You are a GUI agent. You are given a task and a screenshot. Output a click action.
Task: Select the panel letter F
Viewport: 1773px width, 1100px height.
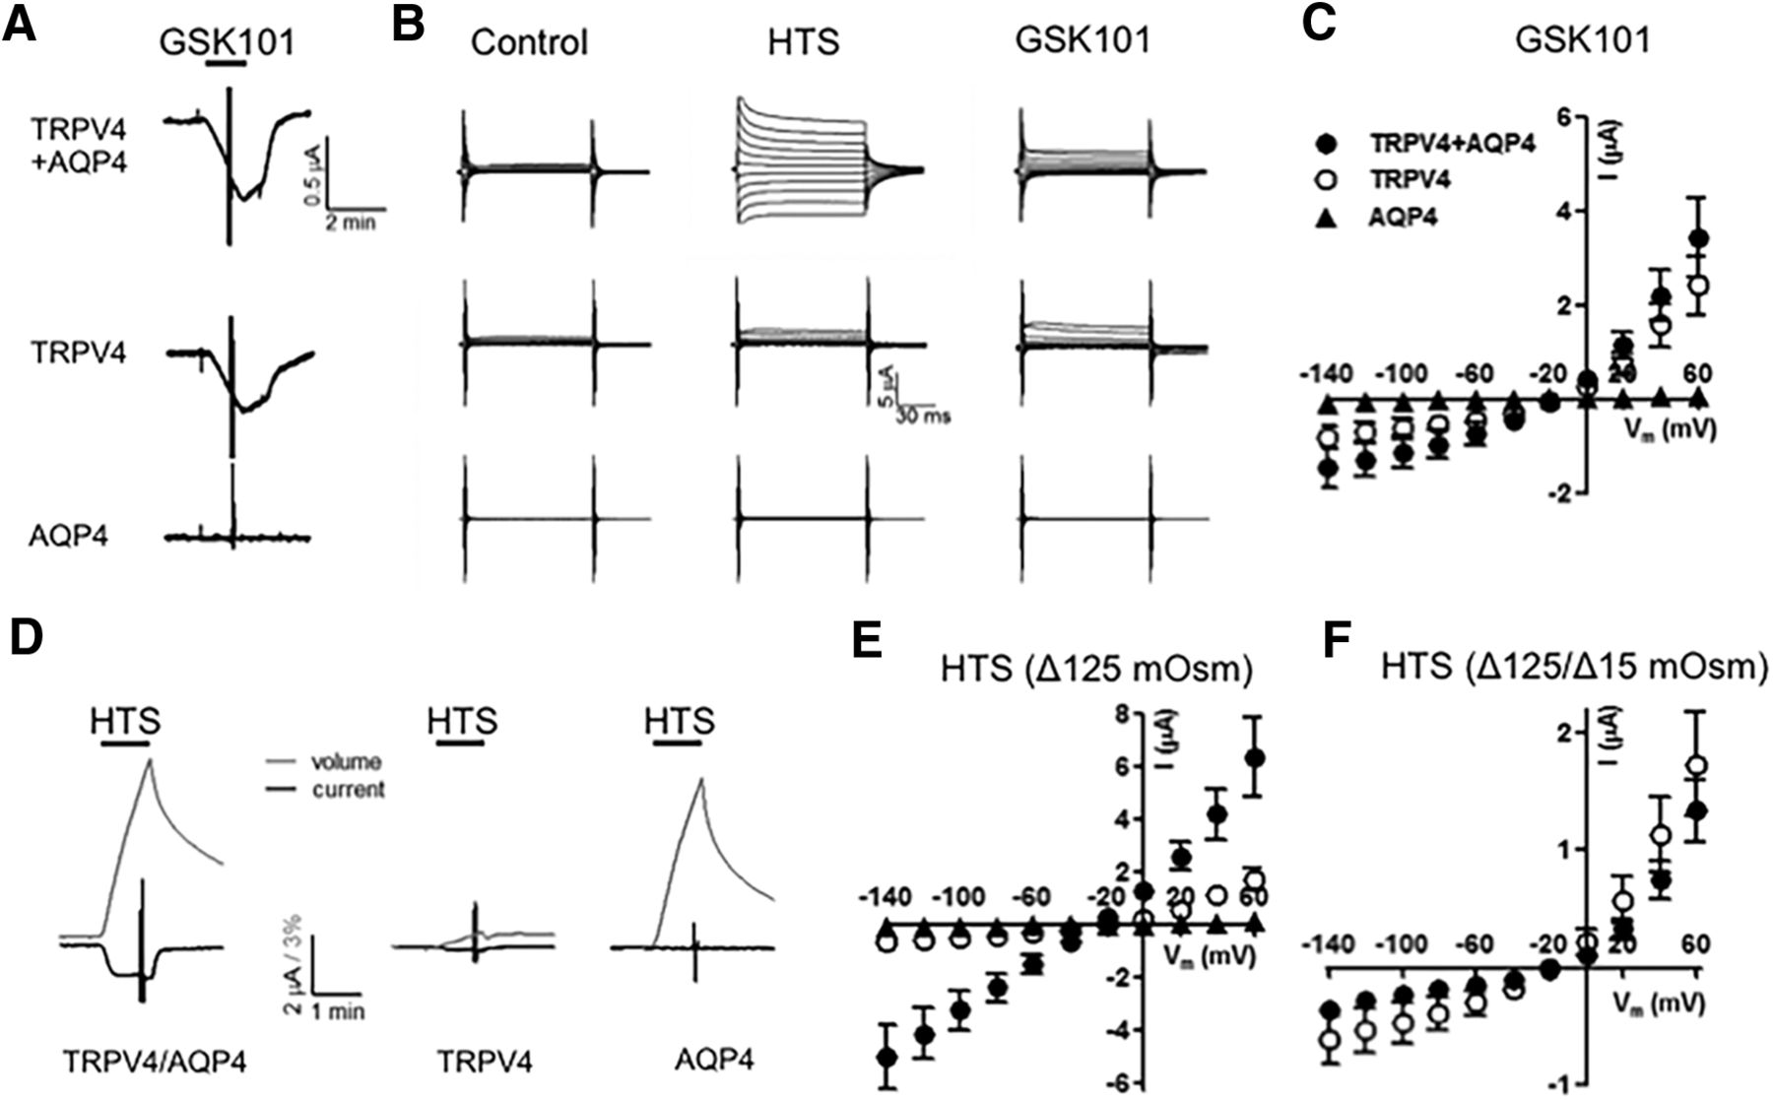pos(1336,640)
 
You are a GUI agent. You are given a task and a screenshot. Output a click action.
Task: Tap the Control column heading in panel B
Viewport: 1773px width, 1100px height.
pos(529,42)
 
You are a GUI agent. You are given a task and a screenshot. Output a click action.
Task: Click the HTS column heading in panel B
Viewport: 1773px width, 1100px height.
pos(803,42)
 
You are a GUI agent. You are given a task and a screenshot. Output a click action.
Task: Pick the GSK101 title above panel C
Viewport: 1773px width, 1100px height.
pos(1582,40)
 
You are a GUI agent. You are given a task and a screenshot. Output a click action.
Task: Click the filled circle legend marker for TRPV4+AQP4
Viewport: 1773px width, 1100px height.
pos(1330,143)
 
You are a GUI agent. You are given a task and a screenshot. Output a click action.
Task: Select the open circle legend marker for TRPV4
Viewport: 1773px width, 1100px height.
pos(1330,180)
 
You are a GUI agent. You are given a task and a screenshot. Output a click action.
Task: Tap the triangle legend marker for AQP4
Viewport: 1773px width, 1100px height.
pos(1330,218)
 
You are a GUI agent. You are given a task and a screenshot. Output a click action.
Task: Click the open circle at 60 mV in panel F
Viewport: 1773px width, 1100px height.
pos(1696,765)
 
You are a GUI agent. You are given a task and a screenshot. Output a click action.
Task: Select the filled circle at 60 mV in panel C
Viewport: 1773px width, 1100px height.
pos(1698,238)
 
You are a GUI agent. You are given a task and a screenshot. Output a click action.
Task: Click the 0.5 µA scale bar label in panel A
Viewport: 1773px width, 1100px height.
pos(309,182)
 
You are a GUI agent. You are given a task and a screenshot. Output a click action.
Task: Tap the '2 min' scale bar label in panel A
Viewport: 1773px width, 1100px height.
pos(351,224)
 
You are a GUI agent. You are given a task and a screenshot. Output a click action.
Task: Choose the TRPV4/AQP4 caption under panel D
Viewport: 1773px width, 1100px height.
pos(155,1062)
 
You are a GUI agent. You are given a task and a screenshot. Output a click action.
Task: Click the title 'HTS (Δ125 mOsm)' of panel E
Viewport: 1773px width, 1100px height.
pos(1096,671)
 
